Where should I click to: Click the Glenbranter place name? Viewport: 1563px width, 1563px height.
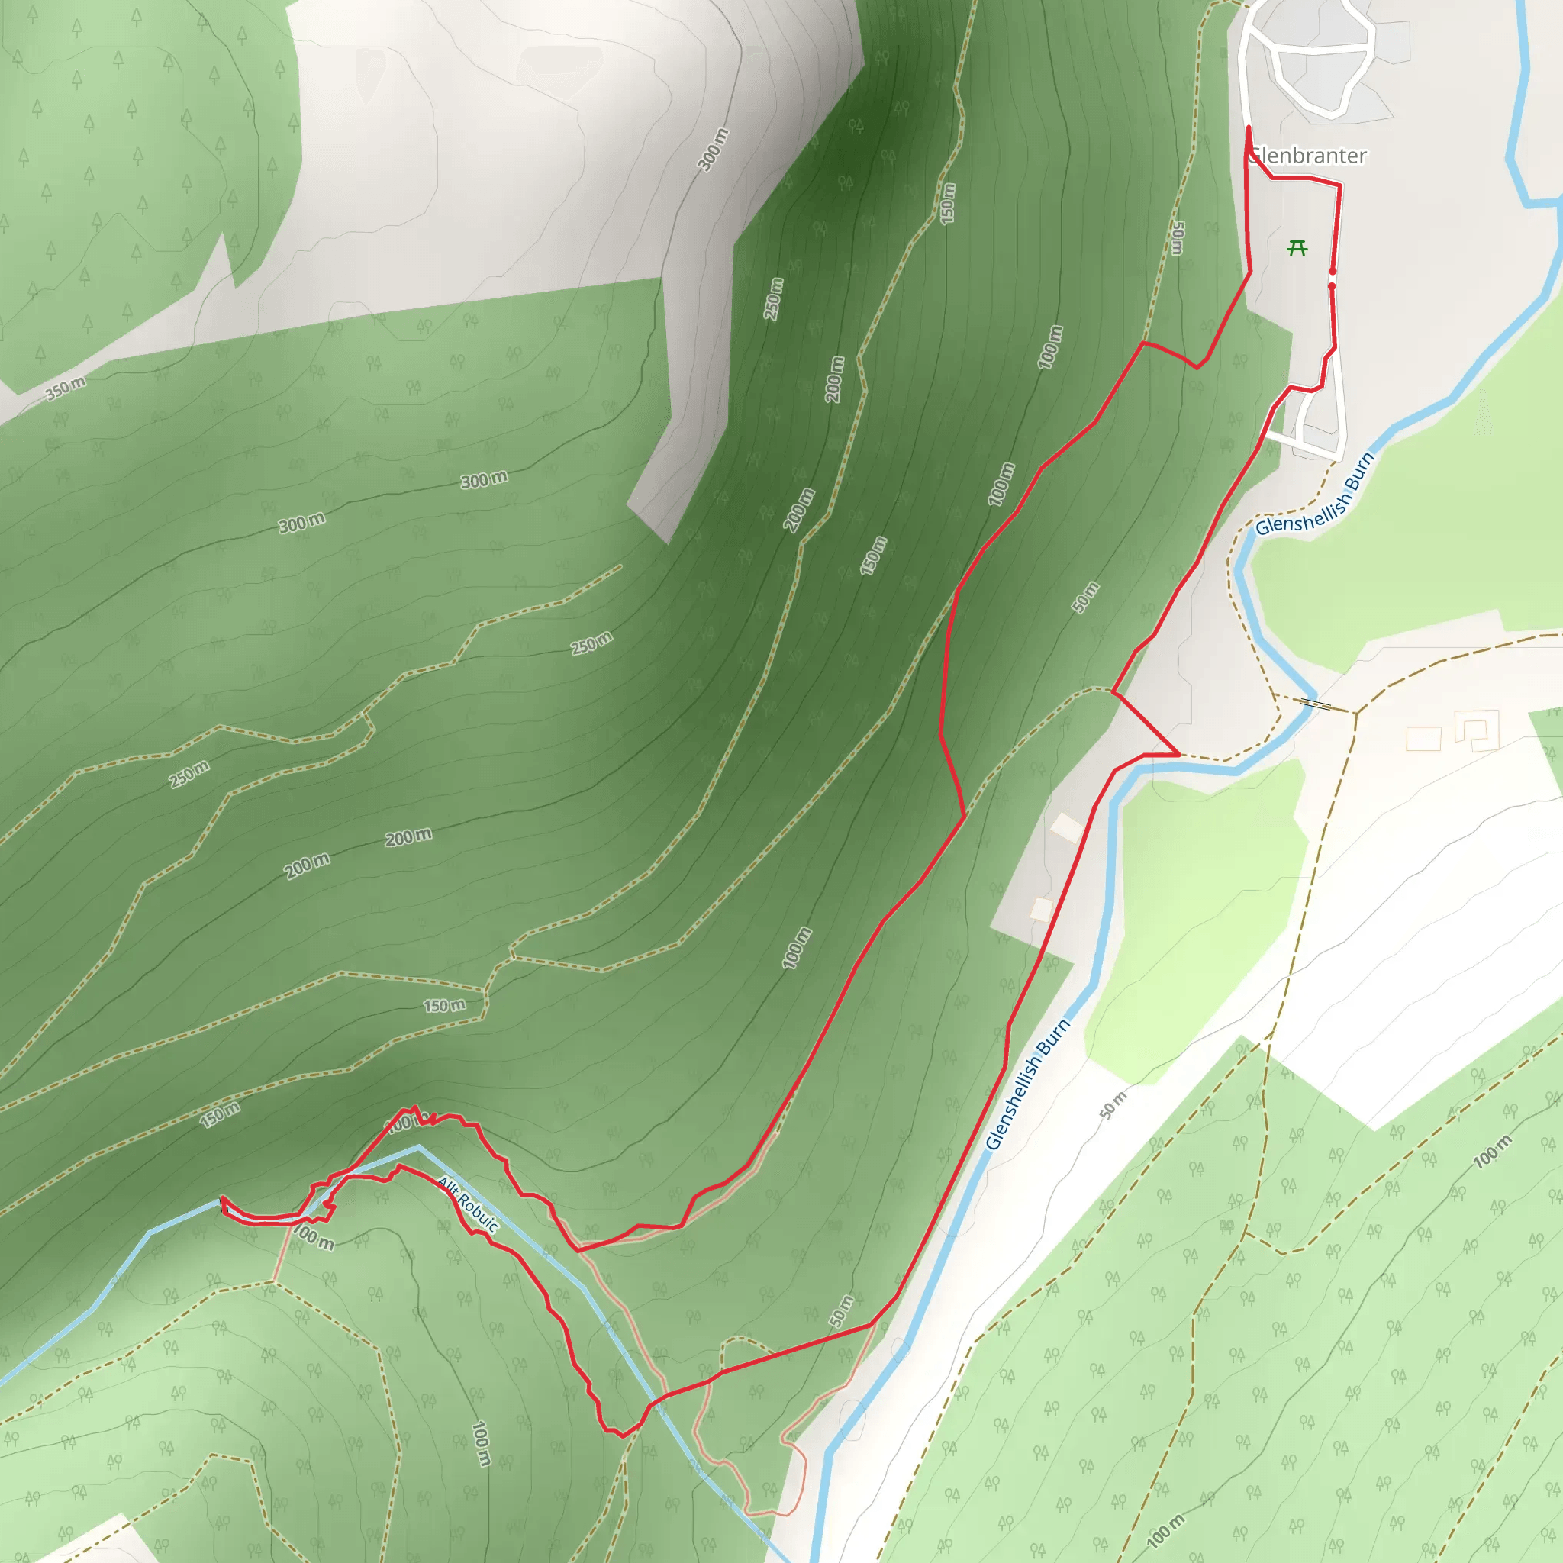[x=1307, y=156]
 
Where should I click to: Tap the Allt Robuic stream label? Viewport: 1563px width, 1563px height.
[x=468, y=1204]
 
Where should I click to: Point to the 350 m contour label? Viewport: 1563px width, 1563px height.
[x=65, y=388]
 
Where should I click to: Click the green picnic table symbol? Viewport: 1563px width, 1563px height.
[x=1297, y=248]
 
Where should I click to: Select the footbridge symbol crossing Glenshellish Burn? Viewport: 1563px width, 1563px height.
[x=1316, y=704]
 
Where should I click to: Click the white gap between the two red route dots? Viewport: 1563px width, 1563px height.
[x=1333, y=279]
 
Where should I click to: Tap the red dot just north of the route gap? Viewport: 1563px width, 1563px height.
[x=1333, y=271]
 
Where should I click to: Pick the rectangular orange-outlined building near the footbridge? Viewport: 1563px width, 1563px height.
[x=1423, y=739]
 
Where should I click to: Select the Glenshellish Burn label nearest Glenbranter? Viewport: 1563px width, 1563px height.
[x=1315, y=495]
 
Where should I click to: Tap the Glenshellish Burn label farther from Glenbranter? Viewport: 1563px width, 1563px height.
[x=1027, y=1084]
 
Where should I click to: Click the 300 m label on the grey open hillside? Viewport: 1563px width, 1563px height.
[x=713, y=150]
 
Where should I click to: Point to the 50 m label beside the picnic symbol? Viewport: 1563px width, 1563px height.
[x=1178, y=239]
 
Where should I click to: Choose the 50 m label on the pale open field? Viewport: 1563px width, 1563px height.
[x=1113, y=1105]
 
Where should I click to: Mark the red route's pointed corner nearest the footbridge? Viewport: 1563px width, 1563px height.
[x=1180, y=755]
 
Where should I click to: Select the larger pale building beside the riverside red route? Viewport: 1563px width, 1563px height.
[x=1066, y=827]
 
